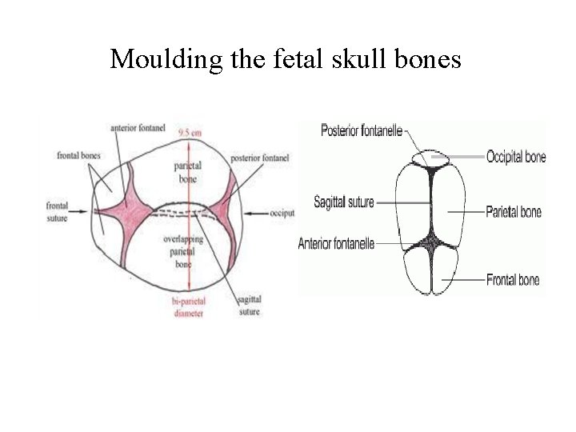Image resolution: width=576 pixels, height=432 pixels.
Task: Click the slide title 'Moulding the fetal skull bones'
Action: pos(286,58)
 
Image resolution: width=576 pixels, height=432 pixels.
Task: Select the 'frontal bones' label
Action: pos(78,156)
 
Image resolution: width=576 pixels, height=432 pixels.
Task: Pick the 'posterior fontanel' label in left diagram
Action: pos(259,158)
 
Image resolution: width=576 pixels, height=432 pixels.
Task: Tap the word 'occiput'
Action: pos(282,214)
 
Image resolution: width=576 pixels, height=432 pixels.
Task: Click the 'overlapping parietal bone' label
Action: pos(185,251)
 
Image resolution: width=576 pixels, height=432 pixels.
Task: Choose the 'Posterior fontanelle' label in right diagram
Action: pos(362,130)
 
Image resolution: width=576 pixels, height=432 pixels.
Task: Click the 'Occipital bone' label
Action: pos(516,158)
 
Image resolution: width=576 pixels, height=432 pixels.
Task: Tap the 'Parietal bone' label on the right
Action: pos(514,212)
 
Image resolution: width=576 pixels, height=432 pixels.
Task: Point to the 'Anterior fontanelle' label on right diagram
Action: pos(336,242)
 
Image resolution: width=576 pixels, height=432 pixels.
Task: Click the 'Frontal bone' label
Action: pos(513,280)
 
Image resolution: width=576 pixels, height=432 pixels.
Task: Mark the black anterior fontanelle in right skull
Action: pos(433,241)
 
